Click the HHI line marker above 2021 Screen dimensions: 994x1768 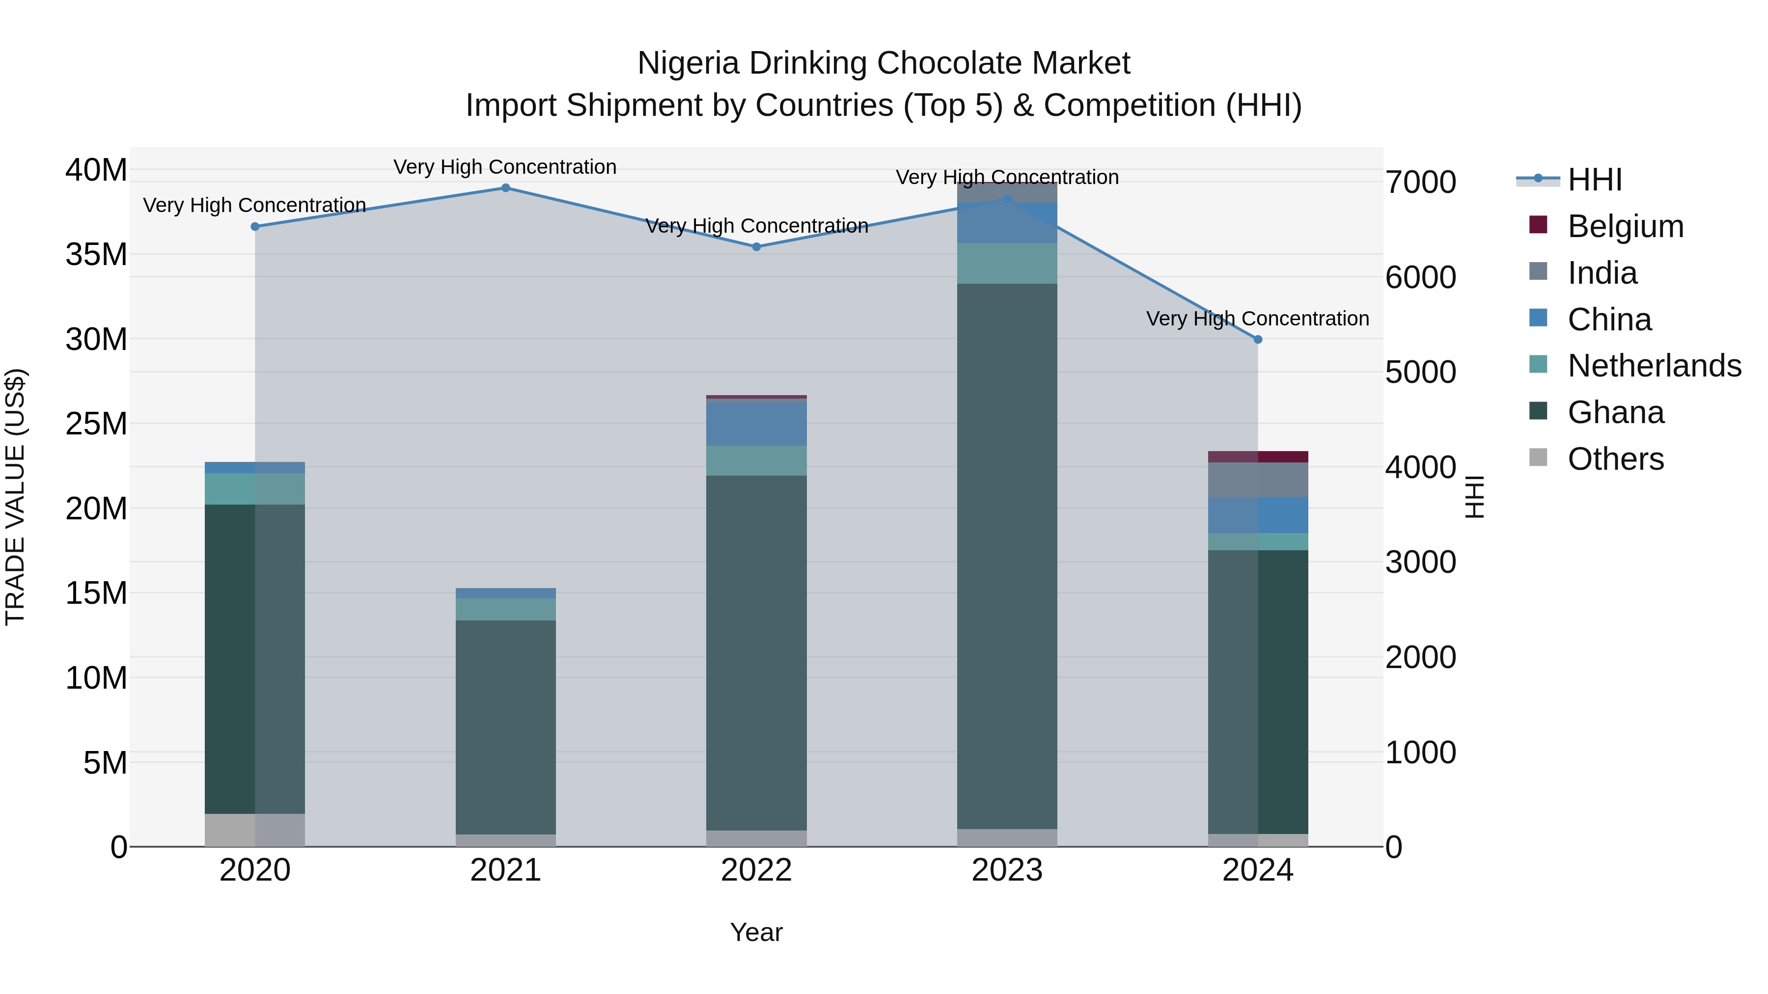click(505, 188)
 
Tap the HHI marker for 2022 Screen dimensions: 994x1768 click(756, 247)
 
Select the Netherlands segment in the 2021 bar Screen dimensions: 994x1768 click(505, 609)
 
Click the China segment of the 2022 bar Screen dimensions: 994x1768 click(756, 424)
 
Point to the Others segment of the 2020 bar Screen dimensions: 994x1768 click(254, 830)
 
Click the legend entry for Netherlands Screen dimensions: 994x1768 click(1654, 366)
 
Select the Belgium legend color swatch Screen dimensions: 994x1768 click(1538, 225)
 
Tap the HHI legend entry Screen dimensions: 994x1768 click(1594, 180)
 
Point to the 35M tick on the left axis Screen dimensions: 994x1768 click(96, 254)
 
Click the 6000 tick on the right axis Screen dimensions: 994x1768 click(1420, 277)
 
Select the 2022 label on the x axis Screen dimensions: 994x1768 click(756, 870)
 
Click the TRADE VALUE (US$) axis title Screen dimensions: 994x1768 click(15, 497)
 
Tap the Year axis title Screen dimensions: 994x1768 click(756, 932)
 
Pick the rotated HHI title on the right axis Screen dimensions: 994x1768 click(1474, 497)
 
